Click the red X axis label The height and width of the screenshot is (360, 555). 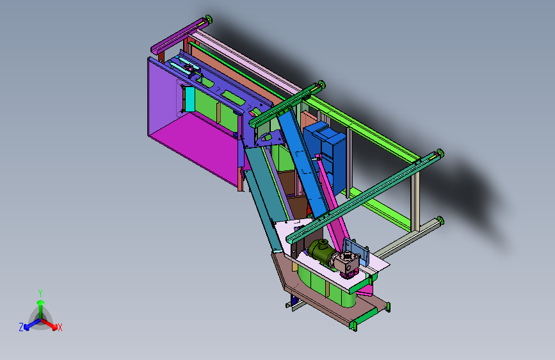point(60,327)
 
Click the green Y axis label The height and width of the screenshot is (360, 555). point(40,293)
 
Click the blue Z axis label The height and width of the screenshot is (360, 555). point(21,327)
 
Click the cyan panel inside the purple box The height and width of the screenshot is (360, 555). point(189,99)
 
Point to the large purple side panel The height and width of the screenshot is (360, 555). point(163,95)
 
